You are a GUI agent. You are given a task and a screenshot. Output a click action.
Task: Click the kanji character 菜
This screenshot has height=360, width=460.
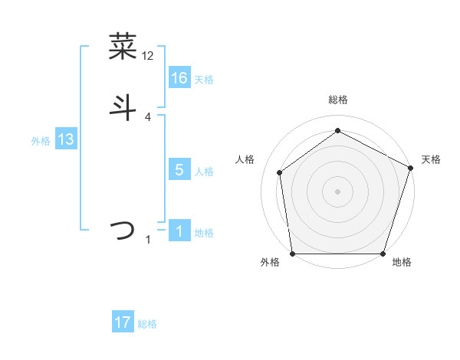(123, 47)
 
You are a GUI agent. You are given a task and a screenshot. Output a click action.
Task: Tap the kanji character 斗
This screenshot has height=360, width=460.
(123, 107)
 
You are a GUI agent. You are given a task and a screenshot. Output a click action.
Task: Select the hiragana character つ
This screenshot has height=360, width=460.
(123, 231)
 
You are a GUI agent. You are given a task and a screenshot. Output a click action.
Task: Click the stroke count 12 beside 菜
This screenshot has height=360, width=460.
(148, 56)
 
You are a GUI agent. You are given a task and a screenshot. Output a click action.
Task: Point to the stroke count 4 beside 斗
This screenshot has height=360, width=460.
(148, 116)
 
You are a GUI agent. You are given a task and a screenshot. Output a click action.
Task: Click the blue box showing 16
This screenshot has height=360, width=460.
(179, 78)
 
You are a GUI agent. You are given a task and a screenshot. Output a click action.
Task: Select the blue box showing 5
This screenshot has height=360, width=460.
(179, 170)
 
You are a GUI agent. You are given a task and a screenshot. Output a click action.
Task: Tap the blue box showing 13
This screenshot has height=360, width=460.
(66, 139)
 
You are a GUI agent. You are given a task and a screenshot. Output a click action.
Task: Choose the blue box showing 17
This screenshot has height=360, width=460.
(123, 322)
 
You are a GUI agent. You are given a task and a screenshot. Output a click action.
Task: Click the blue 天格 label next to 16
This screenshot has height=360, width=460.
(204, 80)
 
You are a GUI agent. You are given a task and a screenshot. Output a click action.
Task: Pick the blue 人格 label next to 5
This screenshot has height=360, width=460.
(204, 172)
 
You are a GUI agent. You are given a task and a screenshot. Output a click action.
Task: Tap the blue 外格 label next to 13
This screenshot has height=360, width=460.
(41, 141)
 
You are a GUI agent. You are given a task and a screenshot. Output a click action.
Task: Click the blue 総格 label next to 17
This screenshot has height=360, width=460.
(147, 324)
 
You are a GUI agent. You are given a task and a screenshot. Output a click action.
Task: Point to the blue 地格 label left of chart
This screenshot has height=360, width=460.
(204, 233)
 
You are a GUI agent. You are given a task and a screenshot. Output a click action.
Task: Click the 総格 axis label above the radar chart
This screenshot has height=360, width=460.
(337, 100)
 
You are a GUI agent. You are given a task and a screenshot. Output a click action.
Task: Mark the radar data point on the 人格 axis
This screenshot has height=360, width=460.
(280, 172)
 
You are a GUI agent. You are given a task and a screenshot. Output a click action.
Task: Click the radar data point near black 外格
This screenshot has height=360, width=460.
(292, 254)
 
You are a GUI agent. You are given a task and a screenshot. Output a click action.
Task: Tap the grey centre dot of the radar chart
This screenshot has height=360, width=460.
(337, 191)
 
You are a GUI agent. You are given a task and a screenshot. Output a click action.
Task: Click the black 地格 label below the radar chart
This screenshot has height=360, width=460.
(401, 263)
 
